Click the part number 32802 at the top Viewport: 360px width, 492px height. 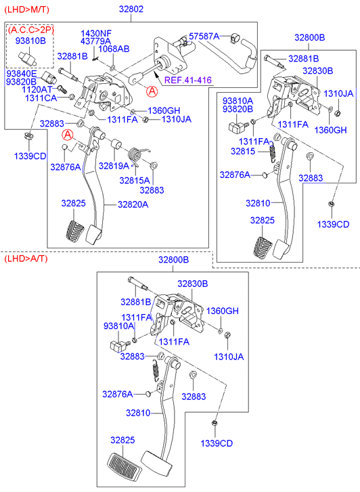(131, 9)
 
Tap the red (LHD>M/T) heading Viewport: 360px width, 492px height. (26, 9)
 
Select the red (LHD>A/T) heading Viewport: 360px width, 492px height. (26, 259)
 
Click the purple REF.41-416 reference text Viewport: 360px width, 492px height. (188, 80)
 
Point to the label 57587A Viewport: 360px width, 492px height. (204, 37)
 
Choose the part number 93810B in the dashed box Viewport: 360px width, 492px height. (30, 41)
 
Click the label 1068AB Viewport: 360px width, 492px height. (114, 49)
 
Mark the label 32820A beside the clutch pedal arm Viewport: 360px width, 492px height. (133, 204)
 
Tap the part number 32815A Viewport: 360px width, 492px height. (135, 181)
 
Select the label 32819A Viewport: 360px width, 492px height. (114, 166)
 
